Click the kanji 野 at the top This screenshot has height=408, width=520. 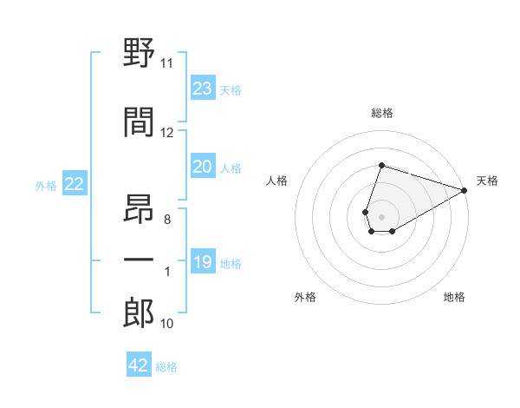[x=139, y=52]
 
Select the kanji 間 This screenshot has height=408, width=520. [x=139, y=122]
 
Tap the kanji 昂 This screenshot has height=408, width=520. [x=139, y=208]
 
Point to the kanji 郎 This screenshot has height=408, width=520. [x=139, y=313]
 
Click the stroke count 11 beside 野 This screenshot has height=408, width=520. [x=166, y=63]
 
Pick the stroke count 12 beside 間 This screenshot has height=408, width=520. [x=166, y=133]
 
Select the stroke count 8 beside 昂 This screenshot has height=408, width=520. [x=167, y=220]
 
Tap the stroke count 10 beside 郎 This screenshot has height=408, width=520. [x=166, y=324]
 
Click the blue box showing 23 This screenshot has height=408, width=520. [x=203, y=88]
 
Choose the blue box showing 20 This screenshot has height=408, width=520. [x=203, y=166]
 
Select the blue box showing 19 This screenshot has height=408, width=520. [x=203, y=260]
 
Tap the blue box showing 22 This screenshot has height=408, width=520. [x=75, y=183]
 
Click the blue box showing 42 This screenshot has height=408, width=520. [x=139, y=364]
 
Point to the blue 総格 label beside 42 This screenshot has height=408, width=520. [x=166, y=367]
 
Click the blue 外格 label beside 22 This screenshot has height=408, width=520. [x=46, y=186]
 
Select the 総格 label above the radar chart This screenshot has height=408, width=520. [x=382, y=113]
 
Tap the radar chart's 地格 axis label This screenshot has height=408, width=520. [x=454, y=297]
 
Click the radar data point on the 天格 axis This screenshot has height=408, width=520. [x=465, y=190]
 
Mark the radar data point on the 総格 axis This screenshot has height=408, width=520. [x=381, y=165]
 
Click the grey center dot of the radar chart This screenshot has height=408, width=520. [x=381, y=217]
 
